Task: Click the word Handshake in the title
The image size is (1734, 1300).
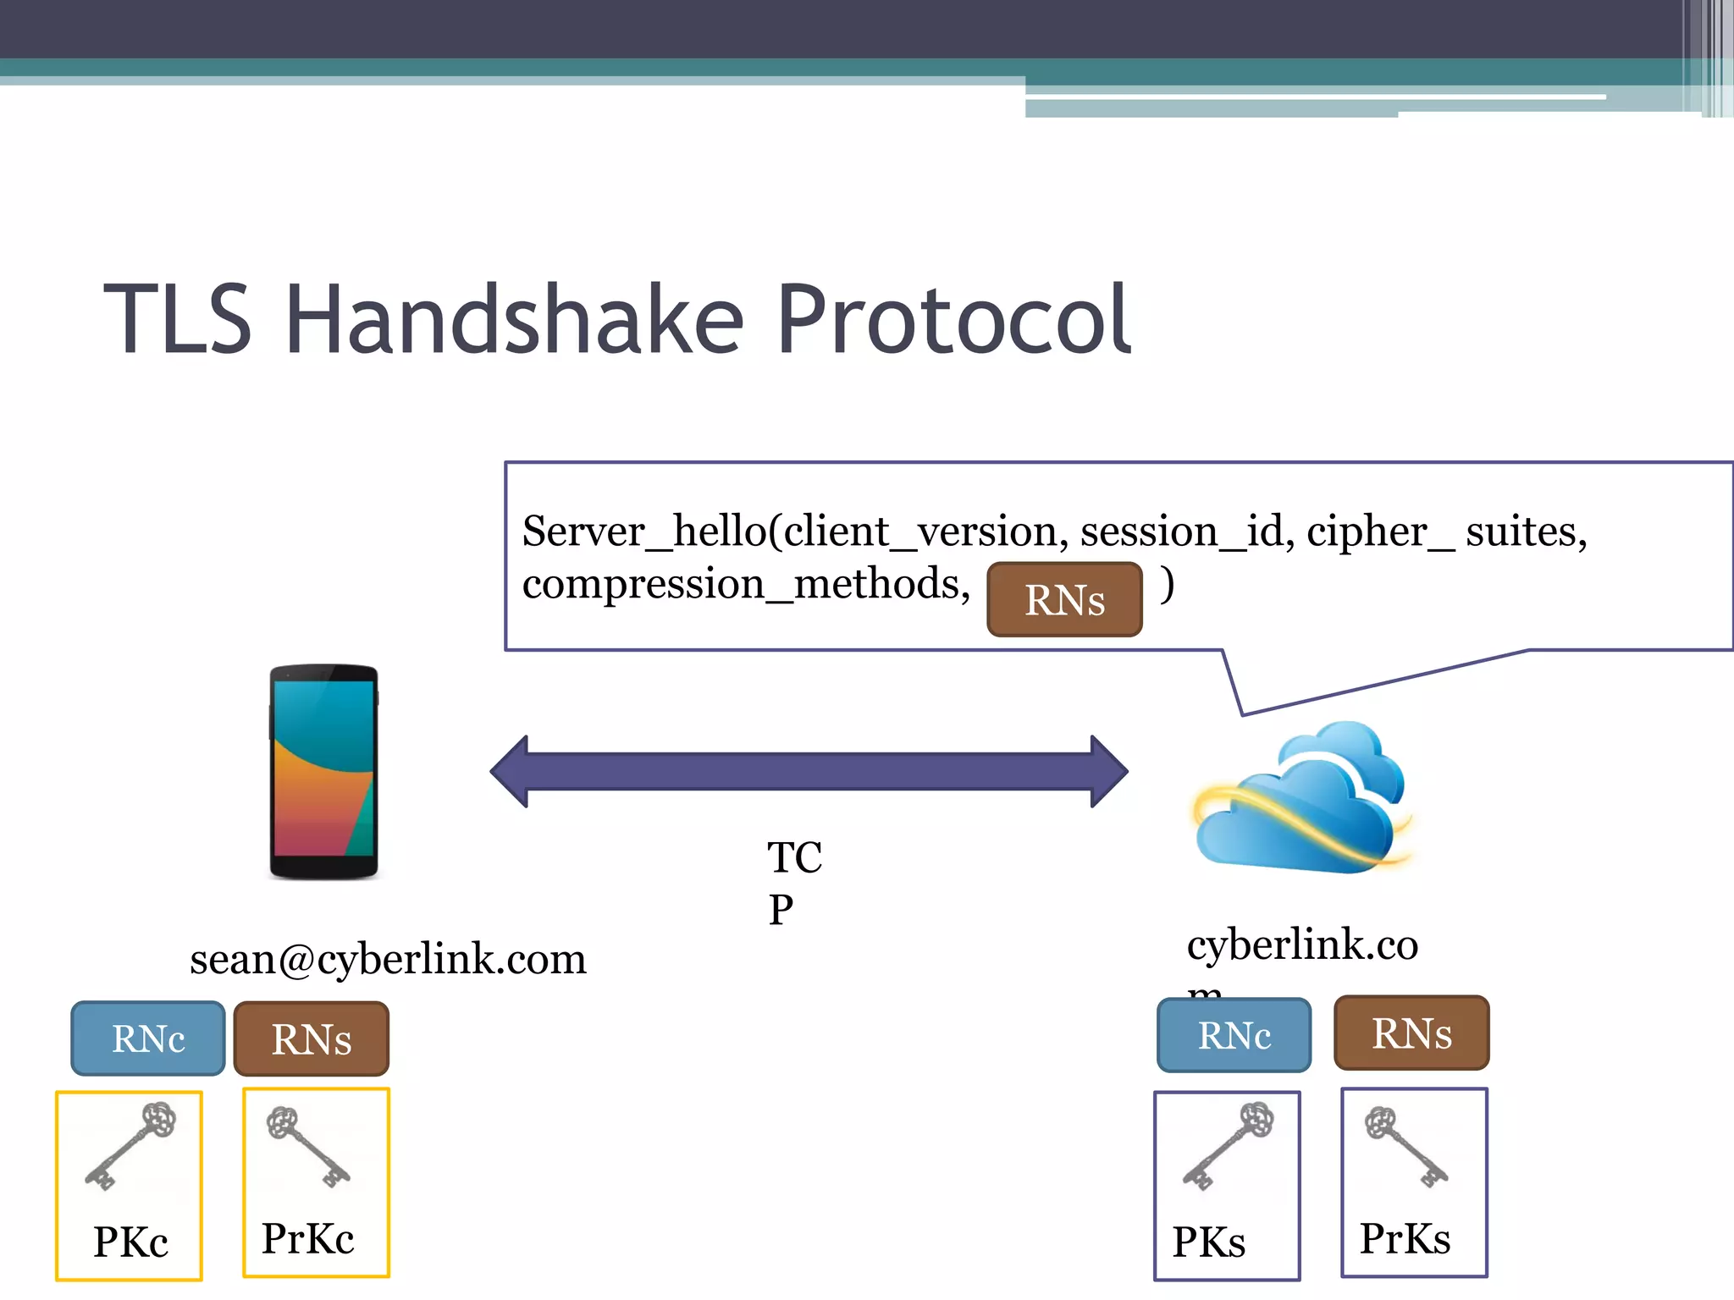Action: [515, 319]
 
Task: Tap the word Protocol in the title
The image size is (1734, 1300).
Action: [954, 319]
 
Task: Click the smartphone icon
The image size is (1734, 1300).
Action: [323, 772]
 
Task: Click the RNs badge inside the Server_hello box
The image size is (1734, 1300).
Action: [1064, 599]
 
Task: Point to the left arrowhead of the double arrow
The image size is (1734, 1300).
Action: [511, 771]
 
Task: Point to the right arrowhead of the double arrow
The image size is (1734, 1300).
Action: [1108, 771]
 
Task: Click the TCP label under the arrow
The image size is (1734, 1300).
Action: [793, 882]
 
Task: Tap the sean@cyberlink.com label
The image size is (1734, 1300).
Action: [388, 959]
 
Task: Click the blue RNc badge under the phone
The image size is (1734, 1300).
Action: [148, 1038]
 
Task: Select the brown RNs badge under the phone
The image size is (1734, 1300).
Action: [311, 1038]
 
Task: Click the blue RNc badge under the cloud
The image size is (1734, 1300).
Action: [1234, 1035]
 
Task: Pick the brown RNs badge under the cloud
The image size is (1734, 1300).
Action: [1411, 1033]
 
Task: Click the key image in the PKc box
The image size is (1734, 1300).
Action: [130, 1146]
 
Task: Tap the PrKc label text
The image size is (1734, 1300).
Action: [307, 1238]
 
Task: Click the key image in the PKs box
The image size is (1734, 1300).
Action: [1229, 1146]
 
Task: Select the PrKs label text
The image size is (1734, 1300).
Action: [1405, 1238]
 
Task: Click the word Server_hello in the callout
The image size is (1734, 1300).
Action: [643, 532]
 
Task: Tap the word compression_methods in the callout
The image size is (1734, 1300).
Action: [745, 584]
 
